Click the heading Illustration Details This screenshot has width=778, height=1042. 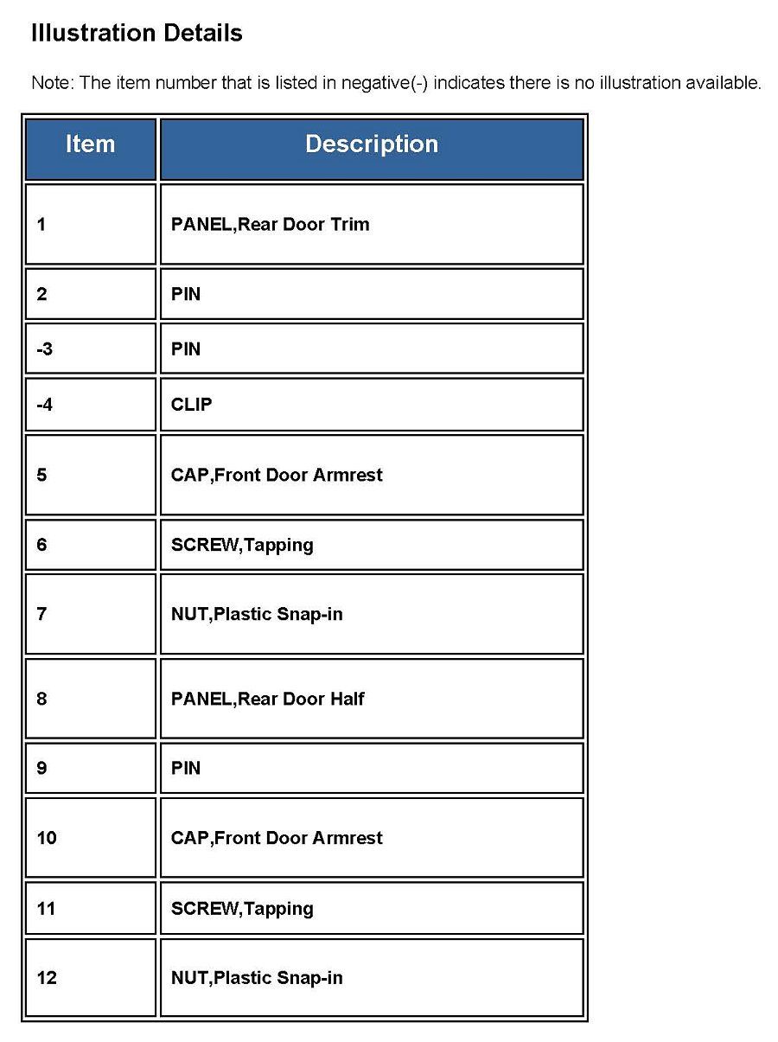coord(137,34)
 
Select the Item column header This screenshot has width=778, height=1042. coord(90,144)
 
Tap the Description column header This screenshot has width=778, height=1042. coord(372,144)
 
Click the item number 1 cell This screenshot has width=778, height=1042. coord(42,225)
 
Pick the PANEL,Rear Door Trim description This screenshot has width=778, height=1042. coord(270,225)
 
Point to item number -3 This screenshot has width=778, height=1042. coord(45,349)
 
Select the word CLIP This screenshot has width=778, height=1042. coord(191,405)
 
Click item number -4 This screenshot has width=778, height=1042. coord(45,405)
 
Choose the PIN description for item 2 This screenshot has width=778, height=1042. coord(186,294)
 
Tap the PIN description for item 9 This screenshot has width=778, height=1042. coord(186,768)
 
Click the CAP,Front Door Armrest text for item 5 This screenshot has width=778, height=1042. coord(277,475)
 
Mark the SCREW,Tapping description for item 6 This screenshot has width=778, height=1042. coord(242,545)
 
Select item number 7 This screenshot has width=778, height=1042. coord(42,615)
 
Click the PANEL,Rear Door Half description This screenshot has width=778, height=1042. coord(268,699)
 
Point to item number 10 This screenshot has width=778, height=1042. coord(47,838)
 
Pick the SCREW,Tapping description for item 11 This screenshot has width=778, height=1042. coord(242,909)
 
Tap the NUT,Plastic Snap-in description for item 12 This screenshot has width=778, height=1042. coord(257,978)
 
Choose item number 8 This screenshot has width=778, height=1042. coord(42,699)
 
